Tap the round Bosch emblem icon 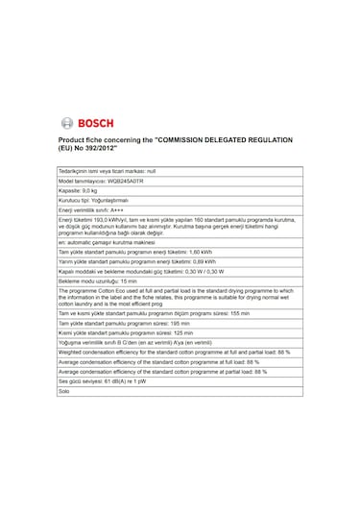67,122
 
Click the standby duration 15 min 114,279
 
